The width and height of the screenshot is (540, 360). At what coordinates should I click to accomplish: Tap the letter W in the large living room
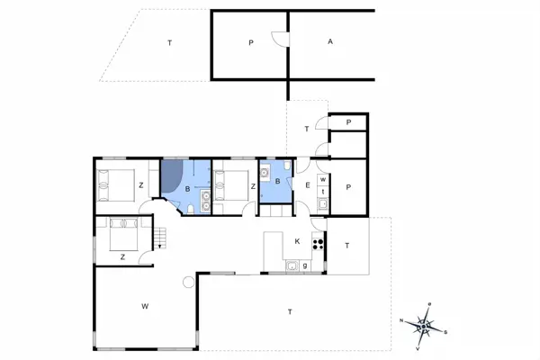coord(144,307)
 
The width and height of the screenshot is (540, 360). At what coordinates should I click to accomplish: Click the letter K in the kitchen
coord(297,240)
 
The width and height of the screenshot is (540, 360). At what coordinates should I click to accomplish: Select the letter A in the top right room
coord(330,42)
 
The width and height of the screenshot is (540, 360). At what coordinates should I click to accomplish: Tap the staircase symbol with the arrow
coord(160,238)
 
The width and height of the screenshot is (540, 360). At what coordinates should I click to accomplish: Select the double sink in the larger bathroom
coord(206,201)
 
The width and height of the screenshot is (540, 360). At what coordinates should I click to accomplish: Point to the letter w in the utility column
coord(321,179)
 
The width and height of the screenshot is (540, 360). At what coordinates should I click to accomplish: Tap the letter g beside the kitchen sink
coord(305,265)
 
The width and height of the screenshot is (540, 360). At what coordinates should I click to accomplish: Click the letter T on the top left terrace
coord(169,42)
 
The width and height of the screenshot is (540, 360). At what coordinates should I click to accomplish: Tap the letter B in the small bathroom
coord(278,182)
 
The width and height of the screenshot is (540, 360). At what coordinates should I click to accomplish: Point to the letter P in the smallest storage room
coord(347,122)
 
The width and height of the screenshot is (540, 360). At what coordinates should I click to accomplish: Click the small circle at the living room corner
coord(187,283)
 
